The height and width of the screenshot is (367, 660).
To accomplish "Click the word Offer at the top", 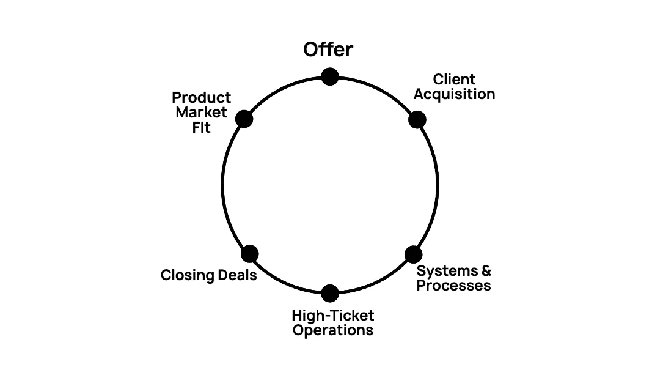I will [328, 50].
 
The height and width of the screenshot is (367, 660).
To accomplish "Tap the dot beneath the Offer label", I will [330, 76].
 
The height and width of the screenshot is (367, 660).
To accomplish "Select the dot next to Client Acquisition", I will [417, 119].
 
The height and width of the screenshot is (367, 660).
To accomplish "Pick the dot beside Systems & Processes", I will [414, 254].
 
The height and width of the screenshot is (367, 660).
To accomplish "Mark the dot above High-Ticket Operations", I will [330, 293].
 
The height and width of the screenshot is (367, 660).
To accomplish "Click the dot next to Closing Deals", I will [250, 253].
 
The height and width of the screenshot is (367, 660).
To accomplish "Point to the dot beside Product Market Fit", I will [244, 119].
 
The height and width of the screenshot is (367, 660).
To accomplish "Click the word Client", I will [454, 80].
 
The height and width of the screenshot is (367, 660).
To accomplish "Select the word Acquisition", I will [454, 94].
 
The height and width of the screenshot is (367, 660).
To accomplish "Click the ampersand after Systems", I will [486, 270].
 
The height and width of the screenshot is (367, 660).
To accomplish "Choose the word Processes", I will [453, 286].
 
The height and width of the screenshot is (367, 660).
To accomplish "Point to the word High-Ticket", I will [332, 316].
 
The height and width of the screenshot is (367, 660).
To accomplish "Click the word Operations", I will [332, 330].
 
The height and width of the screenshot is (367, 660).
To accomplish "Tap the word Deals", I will [238, 275].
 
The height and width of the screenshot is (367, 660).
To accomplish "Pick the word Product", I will [201, 98].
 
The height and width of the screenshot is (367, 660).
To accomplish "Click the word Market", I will [201, 113].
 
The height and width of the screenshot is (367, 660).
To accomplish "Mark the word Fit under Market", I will [201, 127].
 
